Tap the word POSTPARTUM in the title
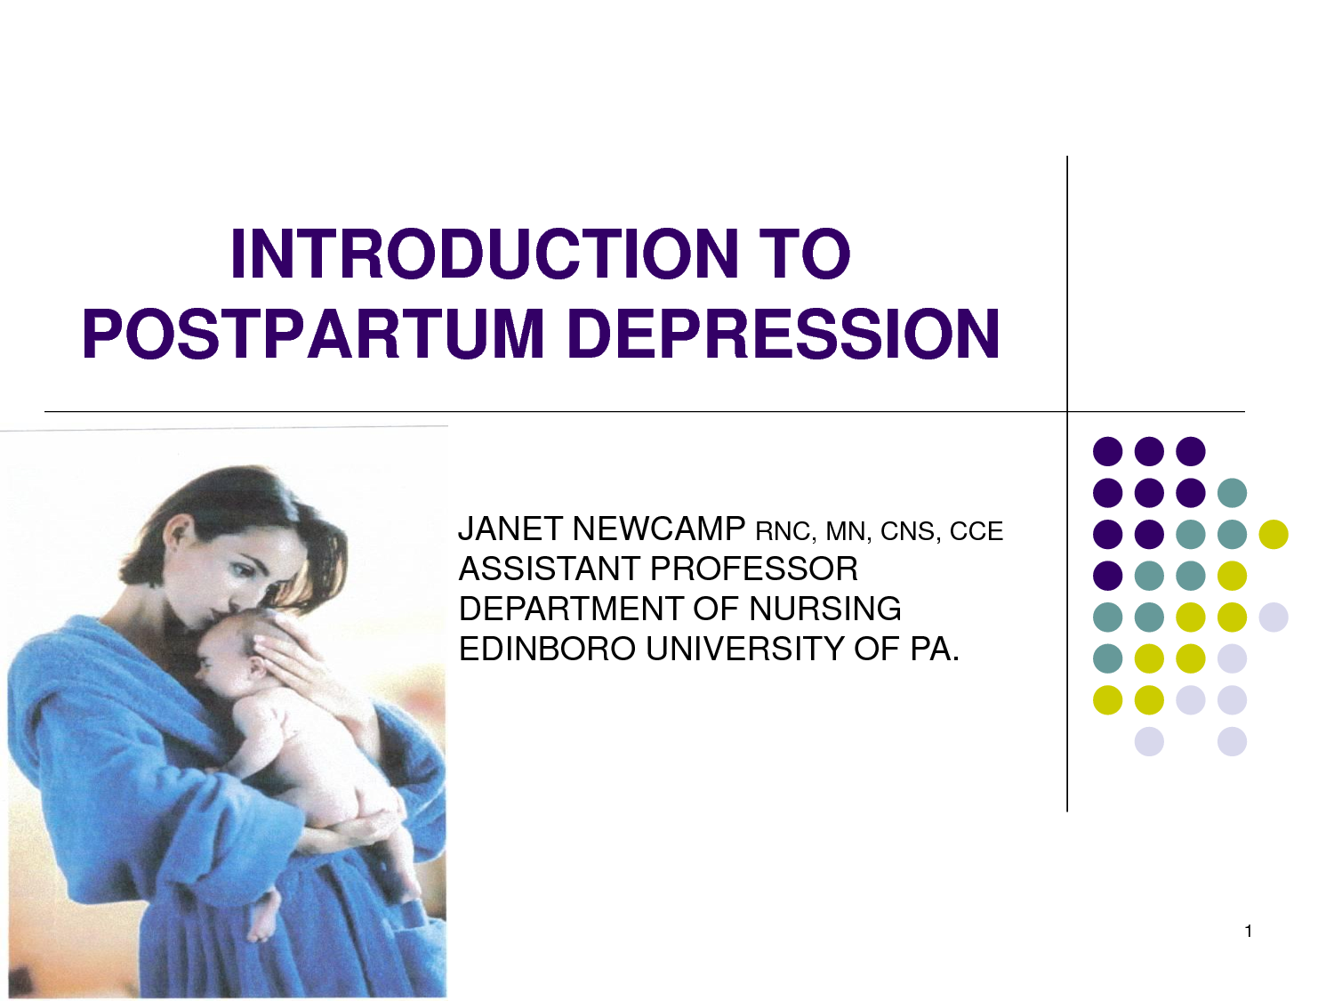point(313,335)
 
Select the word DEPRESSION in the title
point(783,335)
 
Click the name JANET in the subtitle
point(510,529)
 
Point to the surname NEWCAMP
point(658,529)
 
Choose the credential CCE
point(976,531)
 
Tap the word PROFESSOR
point(753,569)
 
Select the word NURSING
point(824,609)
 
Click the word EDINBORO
point(546,649)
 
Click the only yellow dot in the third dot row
point(1274,534)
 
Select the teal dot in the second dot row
point(1232,493)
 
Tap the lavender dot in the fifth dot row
point(1274,617)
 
